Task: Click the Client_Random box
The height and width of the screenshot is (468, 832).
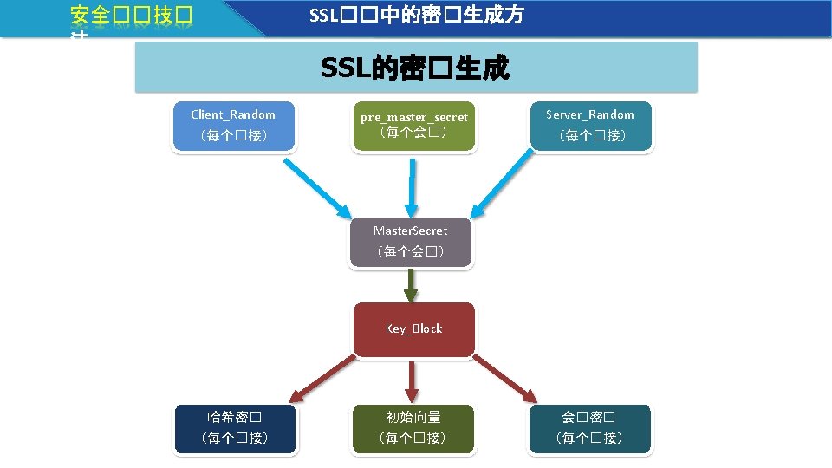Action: pyautogui.click(x=233, y=126)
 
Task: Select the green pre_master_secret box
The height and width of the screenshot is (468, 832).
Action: pyautogui.click(x=413, y=127)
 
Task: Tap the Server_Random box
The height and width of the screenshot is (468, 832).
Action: pyautogui.click(x=590, y=126)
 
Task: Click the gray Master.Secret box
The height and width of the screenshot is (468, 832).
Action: pyautogui.click(x=411, y=242)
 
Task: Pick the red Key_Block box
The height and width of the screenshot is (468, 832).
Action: pyautogui.click(x=413, y=328)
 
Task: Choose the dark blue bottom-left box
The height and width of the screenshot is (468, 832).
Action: pyautogui.click(x=234, y=428)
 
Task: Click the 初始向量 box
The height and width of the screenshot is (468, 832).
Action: pyautogui.click(x=413, y=428)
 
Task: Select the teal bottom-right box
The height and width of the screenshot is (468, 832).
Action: pyautogui.click(x=590, y=428)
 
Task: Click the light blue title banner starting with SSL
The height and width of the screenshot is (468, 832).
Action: pyautogui.click(x=416, y=67)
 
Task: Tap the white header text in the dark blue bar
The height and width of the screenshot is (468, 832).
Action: pyautogui.click(x=416, y=16)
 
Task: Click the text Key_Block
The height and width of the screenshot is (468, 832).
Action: pyautogui.click(x=413, y=328)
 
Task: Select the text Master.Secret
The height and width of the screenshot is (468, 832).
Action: pyautogui.click(x=410, y=231)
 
